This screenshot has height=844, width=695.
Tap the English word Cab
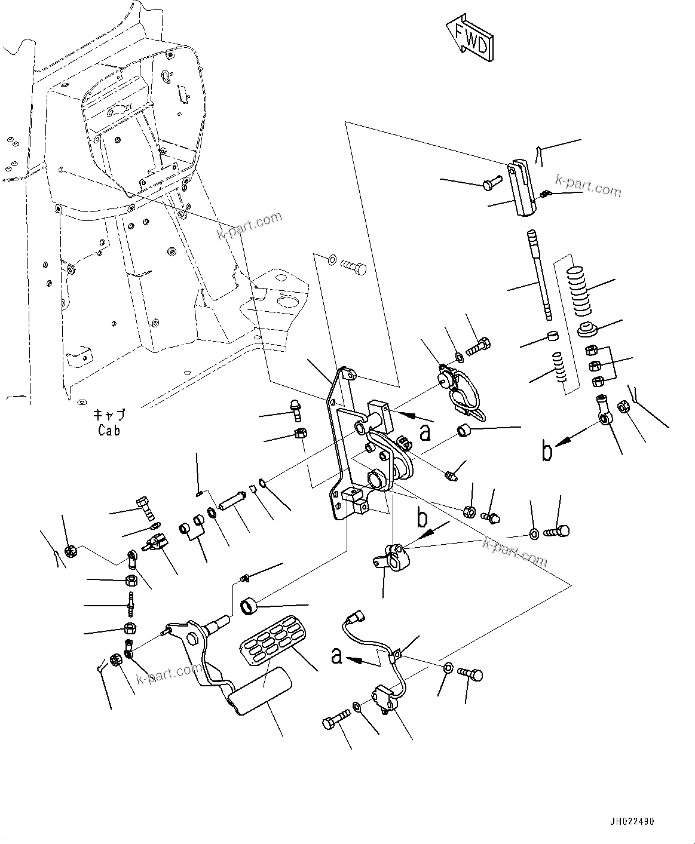109,430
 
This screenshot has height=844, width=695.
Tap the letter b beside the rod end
546,451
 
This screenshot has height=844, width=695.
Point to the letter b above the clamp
422,518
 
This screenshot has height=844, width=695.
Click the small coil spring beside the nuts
558,372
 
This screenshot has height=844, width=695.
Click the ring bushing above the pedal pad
250,606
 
